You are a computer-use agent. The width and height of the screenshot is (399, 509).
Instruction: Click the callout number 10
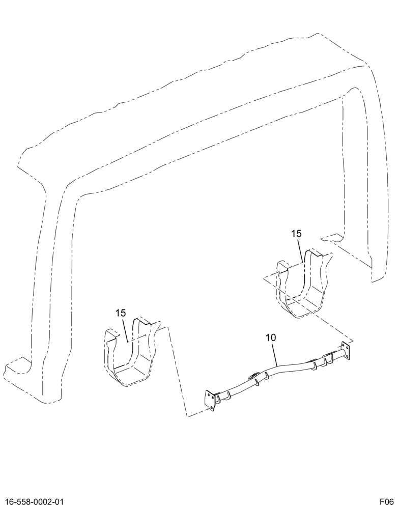tap(271, 337)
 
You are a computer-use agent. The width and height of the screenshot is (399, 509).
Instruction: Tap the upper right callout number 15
tap(296, 234)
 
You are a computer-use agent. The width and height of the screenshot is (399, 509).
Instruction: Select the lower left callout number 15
tap(121, 313)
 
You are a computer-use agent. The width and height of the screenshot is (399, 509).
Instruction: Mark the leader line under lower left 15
tap(125, 330)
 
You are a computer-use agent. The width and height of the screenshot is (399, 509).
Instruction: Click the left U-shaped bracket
tap(130, 352)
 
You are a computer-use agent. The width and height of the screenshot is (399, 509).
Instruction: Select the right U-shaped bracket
tap(303, 284)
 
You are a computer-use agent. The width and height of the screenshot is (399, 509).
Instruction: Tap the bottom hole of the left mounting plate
tap(212, 407)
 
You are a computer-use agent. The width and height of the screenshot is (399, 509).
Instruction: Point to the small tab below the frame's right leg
tap(332, 238)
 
